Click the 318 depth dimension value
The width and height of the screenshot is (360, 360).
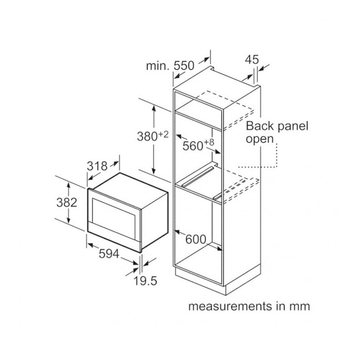click(x=97, y=166)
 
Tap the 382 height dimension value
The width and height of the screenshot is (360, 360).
click(x=66, y=202)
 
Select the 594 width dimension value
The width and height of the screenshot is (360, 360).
click(x=109, y=254)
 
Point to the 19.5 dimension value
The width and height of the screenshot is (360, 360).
click(x=145, y=281)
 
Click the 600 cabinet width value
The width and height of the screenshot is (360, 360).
click(x=195, y=239)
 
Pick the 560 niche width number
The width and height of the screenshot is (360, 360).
click(x=193, y=146)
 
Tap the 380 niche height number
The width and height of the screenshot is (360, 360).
click(x=147, y=136)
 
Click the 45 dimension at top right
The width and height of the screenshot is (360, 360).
click(x=252, y=59)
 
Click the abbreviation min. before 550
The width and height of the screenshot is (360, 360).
click(x=158, y=66)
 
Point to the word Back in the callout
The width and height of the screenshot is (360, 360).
click(x=260, y=126)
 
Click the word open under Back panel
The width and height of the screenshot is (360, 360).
click(x=260, y=139)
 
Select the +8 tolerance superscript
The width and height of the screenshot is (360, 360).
click(x=208, y=142)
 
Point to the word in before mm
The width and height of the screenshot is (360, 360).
click(x=282, y=306)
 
